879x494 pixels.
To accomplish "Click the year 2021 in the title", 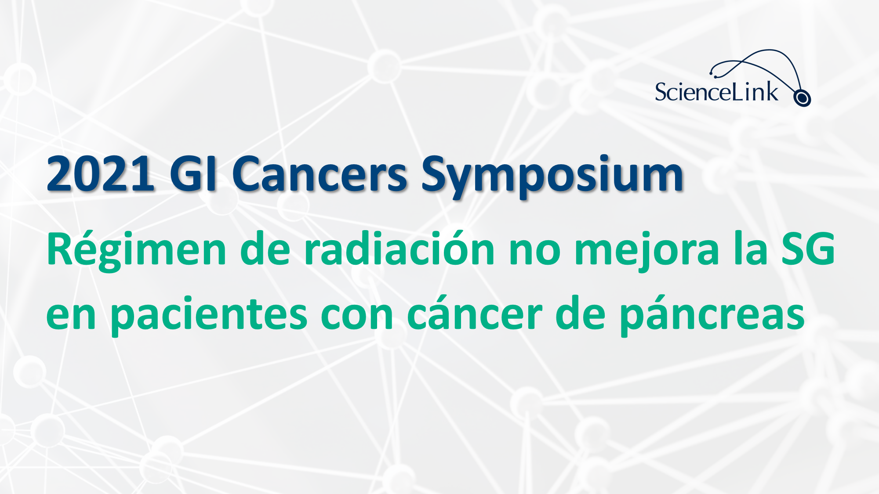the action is pos(101,174).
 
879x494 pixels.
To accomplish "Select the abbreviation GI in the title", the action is pos(193,174).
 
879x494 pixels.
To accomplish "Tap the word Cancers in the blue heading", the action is pos(320,174).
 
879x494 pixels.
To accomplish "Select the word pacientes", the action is pos(209,315).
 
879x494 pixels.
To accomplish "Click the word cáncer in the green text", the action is pos(475,313).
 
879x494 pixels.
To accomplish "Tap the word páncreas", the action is pos(712,315).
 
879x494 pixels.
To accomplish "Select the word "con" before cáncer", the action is pos(357,316).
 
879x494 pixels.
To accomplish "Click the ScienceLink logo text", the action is pos(716,92).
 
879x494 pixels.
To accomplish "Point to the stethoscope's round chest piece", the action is pos(802,98).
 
